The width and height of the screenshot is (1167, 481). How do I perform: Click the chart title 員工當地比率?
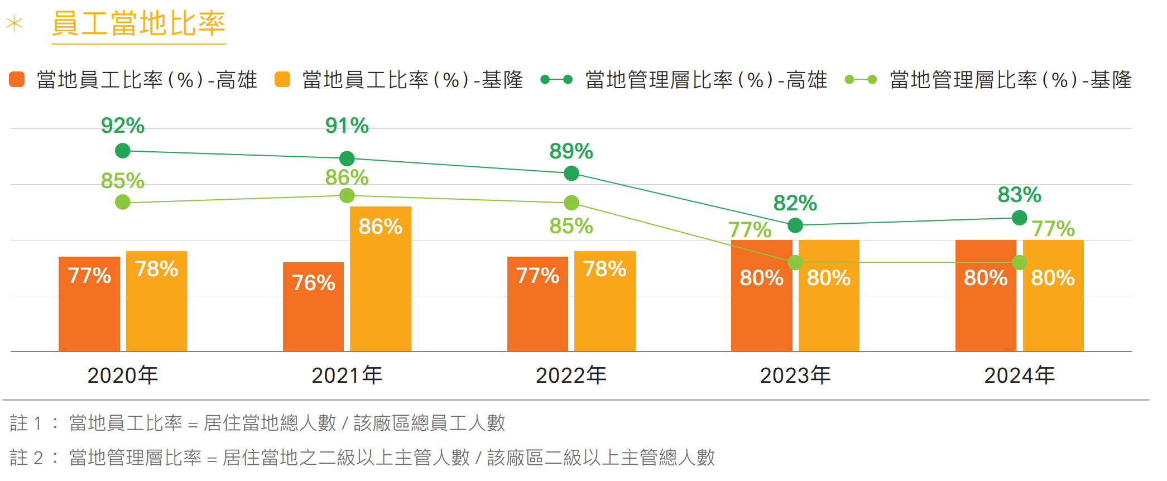click(138, 24)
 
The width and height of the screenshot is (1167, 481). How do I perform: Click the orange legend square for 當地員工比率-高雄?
click(17, 80)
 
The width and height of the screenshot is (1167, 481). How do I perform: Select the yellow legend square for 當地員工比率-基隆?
click(282, 80)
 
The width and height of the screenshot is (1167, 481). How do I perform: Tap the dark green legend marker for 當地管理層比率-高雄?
click(556, 80)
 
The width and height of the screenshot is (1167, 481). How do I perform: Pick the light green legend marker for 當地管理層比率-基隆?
click(861, 80)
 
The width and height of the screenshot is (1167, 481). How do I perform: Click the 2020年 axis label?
click(123, 376)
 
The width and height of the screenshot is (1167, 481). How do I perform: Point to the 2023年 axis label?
click(795, 376)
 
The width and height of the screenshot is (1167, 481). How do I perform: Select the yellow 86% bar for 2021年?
click(381, 279)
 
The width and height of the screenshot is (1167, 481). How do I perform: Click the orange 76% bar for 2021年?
click(313, 307)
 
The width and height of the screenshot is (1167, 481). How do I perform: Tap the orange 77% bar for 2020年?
click(89, 304)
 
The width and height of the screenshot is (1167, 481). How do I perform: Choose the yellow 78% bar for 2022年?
click(605, 301)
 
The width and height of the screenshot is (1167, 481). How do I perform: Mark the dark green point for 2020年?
click(123, 151)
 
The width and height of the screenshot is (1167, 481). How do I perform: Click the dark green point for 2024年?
click(1020, 218)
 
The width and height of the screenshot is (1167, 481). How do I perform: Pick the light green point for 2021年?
click(347, 196)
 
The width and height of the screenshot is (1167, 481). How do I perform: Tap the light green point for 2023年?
click(795, 262)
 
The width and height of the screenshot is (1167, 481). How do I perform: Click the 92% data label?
click(123, 126)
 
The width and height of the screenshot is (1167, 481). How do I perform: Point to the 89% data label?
click(571, 151)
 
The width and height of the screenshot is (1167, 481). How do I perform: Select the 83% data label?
click(1020, 195)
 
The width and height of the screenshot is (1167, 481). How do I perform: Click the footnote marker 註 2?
click(26, 458)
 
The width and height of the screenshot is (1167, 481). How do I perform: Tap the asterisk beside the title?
click(14, 24)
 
